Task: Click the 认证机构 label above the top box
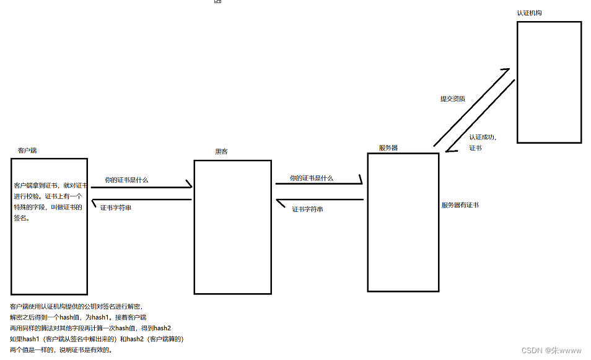[530, 13]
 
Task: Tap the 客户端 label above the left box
[27, 151]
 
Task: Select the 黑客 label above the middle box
[221, 152]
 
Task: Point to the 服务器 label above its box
[388, 148]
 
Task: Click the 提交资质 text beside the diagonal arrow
[453, 99]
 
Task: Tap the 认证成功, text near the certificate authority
[483, 137]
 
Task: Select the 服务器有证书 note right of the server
[460, 205]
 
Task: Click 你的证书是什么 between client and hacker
[126, 180]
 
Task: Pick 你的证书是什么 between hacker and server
[312, 178]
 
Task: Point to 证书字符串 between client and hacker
[116, 208]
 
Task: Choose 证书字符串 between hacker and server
[308, 209]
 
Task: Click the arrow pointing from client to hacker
[141, 187]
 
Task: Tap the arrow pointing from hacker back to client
[141, 200]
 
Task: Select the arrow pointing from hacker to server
[318, 183]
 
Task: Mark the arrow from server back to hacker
[320, 200]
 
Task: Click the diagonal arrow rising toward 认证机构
[471, 108]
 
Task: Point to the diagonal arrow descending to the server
[481, 116]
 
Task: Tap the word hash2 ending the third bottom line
[162, 328]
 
